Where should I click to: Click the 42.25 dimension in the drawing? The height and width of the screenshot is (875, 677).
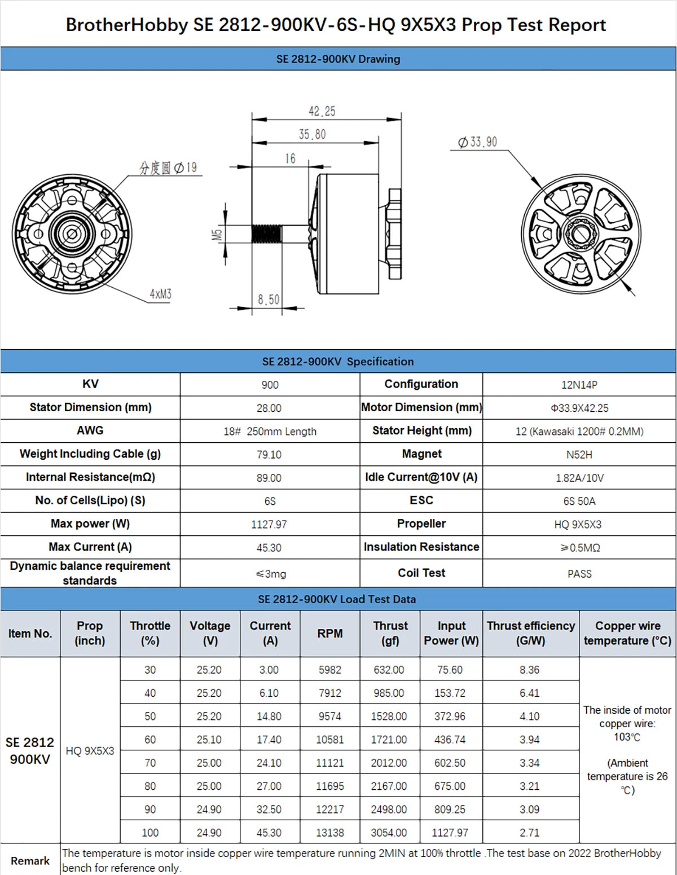pos(322,111)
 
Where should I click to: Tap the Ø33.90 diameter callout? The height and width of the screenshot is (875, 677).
pos(478,142)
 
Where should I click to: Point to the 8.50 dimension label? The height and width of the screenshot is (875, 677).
pos(269,299)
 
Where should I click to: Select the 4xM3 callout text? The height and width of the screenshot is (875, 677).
pos(160,294)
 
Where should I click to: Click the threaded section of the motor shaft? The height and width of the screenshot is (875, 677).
pos(266,234)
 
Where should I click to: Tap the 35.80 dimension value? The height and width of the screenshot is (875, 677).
pos(312,134)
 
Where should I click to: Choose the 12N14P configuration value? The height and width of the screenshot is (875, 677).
pos(579,385)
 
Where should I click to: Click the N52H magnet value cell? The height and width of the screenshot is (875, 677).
pos(579,455)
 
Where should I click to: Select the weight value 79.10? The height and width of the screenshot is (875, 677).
pos(269,455)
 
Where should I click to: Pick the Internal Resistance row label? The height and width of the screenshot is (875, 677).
pos(90,477)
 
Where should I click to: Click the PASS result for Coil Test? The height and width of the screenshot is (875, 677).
pos(579,574)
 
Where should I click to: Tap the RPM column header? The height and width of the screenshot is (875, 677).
pos(330,634)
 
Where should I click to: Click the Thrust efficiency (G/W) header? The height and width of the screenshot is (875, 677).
pos(531,634)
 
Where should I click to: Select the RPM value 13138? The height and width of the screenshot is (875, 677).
pos(330,833)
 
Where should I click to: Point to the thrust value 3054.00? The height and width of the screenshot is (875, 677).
pos(389,833)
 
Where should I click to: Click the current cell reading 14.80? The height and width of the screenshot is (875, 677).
pos(269,716)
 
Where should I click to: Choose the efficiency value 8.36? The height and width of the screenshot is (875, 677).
pos(530,670)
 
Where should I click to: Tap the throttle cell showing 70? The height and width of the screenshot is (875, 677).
pos(150,763)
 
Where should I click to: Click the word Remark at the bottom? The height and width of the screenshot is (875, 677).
pos(30,861)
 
